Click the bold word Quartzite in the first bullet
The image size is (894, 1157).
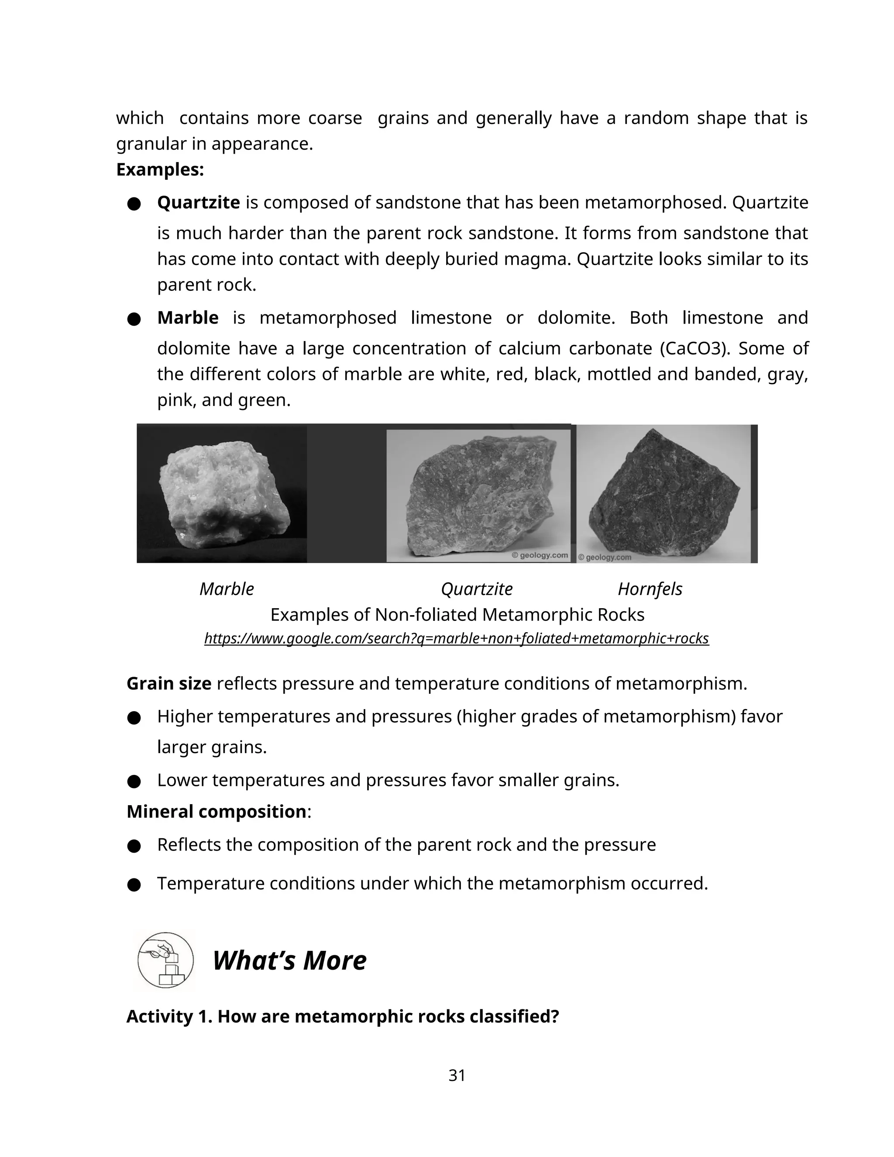(198, 203)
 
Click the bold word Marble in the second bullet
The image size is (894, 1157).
(187, 317)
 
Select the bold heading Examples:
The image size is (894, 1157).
(160, 169)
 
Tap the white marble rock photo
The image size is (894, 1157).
(223, 492)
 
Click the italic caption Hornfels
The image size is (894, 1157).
(650, 589)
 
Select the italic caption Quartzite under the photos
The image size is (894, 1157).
(477, 589)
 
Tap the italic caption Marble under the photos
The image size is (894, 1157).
(227, 589)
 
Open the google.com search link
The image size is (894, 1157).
(457, 638)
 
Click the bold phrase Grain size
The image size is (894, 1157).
(169, 683)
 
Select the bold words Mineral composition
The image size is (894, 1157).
(216, 811)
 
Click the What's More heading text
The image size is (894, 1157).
(289, 961)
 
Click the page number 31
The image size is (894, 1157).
(457, 1075)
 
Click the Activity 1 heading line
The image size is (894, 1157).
(343, 1016)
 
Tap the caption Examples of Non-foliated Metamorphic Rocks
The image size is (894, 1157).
(457, 615)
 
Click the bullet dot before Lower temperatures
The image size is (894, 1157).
(134, 782)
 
